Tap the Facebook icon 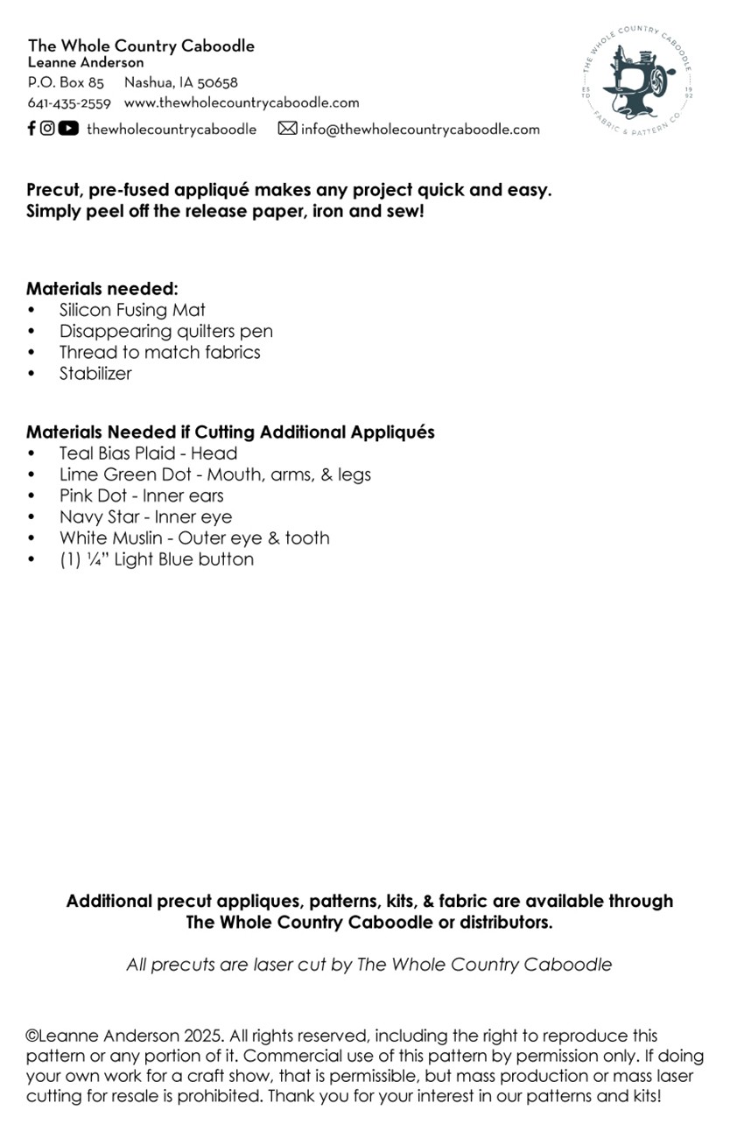coord(32,129)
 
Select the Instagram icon coord(47,129)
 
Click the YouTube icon coord(68,129)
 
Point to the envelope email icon coord(287,129)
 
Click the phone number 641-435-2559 coord(69,103)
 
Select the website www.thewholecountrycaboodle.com coord(242,103)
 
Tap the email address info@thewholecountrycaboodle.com coord(420,130)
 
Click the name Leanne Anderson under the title coord(86,63)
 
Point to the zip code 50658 coord(217,83)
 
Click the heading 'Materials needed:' coord(102,289)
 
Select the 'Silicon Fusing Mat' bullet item coord(132,310)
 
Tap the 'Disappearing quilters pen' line coord(166,331)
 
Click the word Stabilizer coord(95,373)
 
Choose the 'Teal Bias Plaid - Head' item coord(148,453)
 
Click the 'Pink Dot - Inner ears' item coord(141,495)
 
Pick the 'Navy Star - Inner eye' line coord(145,516)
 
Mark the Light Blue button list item coord(157,559)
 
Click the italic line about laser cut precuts coord(368,965)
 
